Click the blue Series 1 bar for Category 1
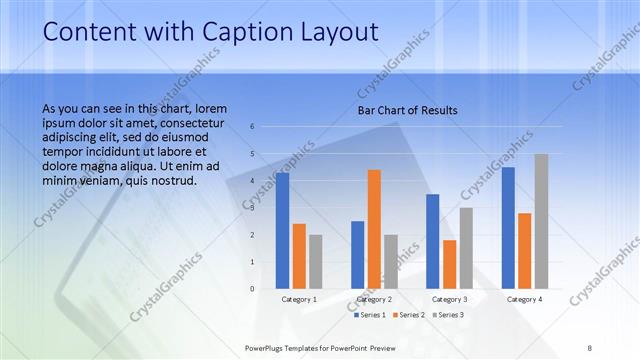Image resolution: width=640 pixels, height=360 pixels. [283, 231]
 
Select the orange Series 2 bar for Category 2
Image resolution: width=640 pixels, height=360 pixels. [374, 229]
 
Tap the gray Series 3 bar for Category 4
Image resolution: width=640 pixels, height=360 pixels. [541, 221]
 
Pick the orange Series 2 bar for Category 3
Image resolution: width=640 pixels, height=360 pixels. [449, 264]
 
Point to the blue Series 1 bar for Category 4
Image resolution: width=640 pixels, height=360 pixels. [509, 228]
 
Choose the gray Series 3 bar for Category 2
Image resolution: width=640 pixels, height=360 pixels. [390, 262]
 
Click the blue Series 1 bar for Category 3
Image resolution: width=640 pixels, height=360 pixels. [433, 241]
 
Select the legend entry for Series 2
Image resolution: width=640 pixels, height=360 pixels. [409, 315]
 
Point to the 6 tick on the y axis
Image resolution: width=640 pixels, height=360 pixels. [252, 127]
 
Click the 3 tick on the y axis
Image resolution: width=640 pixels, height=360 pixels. [252, 208]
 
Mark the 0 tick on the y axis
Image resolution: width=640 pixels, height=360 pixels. [252, 289]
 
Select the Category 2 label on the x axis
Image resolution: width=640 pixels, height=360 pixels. [374, 299]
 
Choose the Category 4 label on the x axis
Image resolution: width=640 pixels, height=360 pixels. [524, 299]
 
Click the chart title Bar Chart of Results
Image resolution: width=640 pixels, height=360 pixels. [408, 110]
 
